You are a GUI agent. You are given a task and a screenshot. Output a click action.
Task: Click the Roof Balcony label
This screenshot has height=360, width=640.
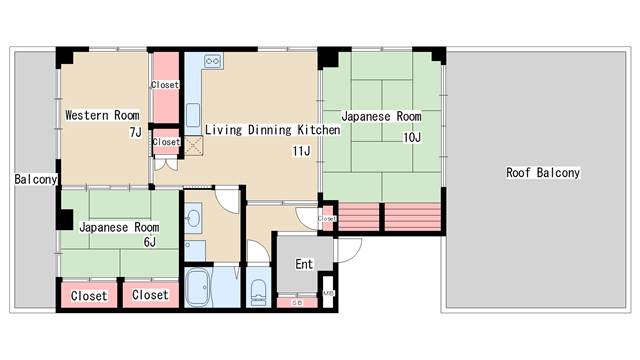click(543, 173)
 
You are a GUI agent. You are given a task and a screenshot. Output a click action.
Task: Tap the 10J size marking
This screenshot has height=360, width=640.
click(412, 138)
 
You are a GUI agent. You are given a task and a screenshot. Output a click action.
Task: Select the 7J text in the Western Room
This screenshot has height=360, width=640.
click(136, 132)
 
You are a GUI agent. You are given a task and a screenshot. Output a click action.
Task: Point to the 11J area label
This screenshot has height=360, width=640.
click(301, 151)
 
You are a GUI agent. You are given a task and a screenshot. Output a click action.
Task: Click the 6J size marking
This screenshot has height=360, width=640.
click(150, 242)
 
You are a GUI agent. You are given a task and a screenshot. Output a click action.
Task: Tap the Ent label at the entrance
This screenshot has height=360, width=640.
click(304, 264)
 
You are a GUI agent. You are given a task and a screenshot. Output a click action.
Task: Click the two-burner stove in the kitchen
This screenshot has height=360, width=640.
click(213, 61)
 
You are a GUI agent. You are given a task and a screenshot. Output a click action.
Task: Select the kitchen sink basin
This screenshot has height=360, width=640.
click(193, 115)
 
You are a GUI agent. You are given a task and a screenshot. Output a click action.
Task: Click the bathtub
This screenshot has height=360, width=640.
click(198, 287)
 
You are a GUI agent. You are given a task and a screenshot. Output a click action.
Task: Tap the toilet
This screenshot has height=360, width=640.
click(258, 292)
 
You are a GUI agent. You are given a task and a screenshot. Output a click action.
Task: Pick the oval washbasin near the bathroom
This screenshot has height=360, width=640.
click(193, 218)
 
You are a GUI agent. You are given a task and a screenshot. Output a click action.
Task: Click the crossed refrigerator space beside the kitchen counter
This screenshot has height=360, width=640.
click(193, 145)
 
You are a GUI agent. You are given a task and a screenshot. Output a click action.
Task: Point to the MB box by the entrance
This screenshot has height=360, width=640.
click(328, 293)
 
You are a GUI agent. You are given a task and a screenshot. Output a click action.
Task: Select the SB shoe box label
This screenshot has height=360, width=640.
click(297, 303)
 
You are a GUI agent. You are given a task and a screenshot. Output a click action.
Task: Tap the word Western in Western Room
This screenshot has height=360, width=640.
click(88, 115)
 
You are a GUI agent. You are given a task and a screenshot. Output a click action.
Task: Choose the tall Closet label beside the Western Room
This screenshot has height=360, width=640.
click(165, 85)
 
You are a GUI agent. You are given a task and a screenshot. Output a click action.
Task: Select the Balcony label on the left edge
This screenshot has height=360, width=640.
click(36, 179)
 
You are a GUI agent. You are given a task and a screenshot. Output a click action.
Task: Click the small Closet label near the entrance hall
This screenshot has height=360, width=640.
click(327, 219)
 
